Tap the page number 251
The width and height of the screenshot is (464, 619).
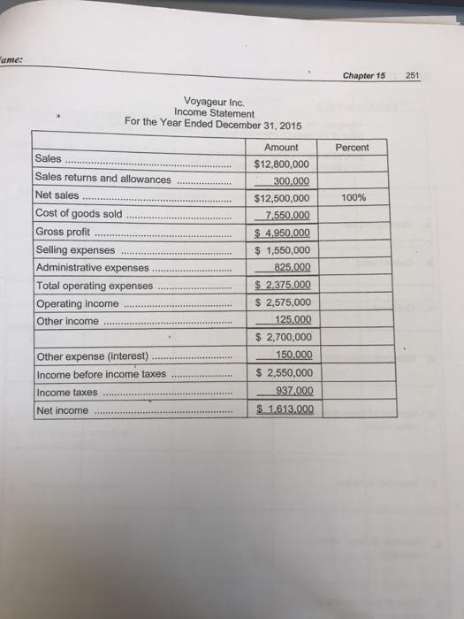point(413,75)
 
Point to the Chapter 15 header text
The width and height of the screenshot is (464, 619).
point(365,75)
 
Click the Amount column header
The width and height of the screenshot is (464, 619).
point(281,148)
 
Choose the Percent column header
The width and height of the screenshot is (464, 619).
point(353,148)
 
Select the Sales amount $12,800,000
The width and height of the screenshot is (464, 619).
point(280,164)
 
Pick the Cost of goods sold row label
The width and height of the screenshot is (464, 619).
point(79,214)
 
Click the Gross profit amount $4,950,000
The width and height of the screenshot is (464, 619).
point(282,233)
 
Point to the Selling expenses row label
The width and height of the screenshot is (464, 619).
point(74,251)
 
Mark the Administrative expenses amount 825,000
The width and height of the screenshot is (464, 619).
point(293,268)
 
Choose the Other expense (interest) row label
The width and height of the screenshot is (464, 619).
point(92,358)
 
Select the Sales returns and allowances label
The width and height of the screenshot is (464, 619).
point(103,180)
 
